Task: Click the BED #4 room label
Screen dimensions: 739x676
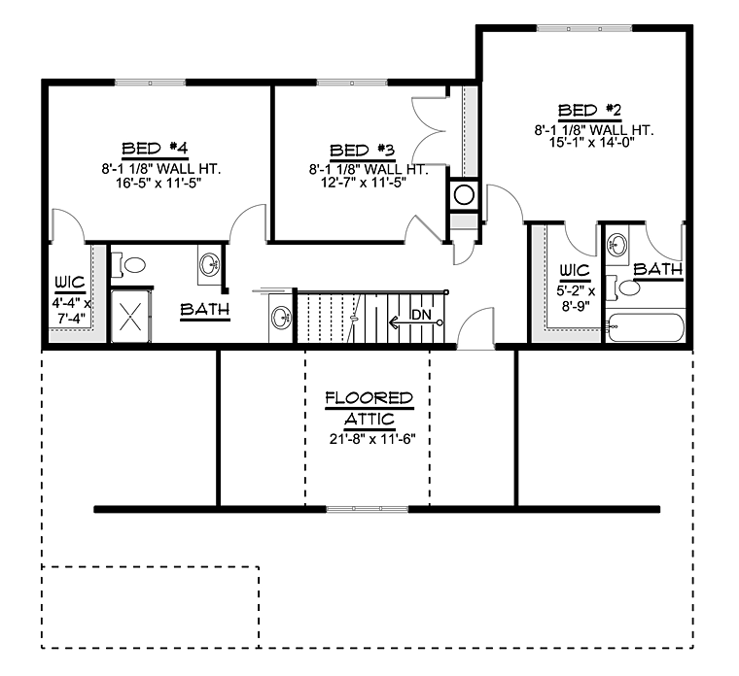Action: [155, 149]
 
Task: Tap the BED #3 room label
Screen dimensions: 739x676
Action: [362, 151]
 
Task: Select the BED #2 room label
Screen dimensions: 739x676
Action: [589, 110]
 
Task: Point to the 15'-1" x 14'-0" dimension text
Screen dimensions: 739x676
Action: [592, 142]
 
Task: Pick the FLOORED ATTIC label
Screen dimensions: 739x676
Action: [369, 408]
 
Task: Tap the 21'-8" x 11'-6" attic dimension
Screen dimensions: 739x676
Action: [372, 439]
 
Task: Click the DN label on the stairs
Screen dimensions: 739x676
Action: [421, 315]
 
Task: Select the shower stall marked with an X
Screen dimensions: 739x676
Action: [130, 316]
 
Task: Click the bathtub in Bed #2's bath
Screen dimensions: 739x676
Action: [646, 327]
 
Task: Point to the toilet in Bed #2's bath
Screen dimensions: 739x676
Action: [623, 287]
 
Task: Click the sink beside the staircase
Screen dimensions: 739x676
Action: [281, 318]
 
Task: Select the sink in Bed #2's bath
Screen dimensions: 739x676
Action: [617, 245]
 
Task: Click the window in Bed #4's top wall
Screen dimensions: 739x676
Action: [150, 83]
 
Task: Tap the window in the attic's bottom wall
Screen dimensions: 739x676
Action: [368, 509]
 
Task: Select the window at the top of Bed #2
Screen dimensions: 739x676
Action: [584, 29]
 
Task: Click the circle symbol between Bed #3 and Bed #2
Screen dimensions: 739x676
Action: [464, 194]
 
